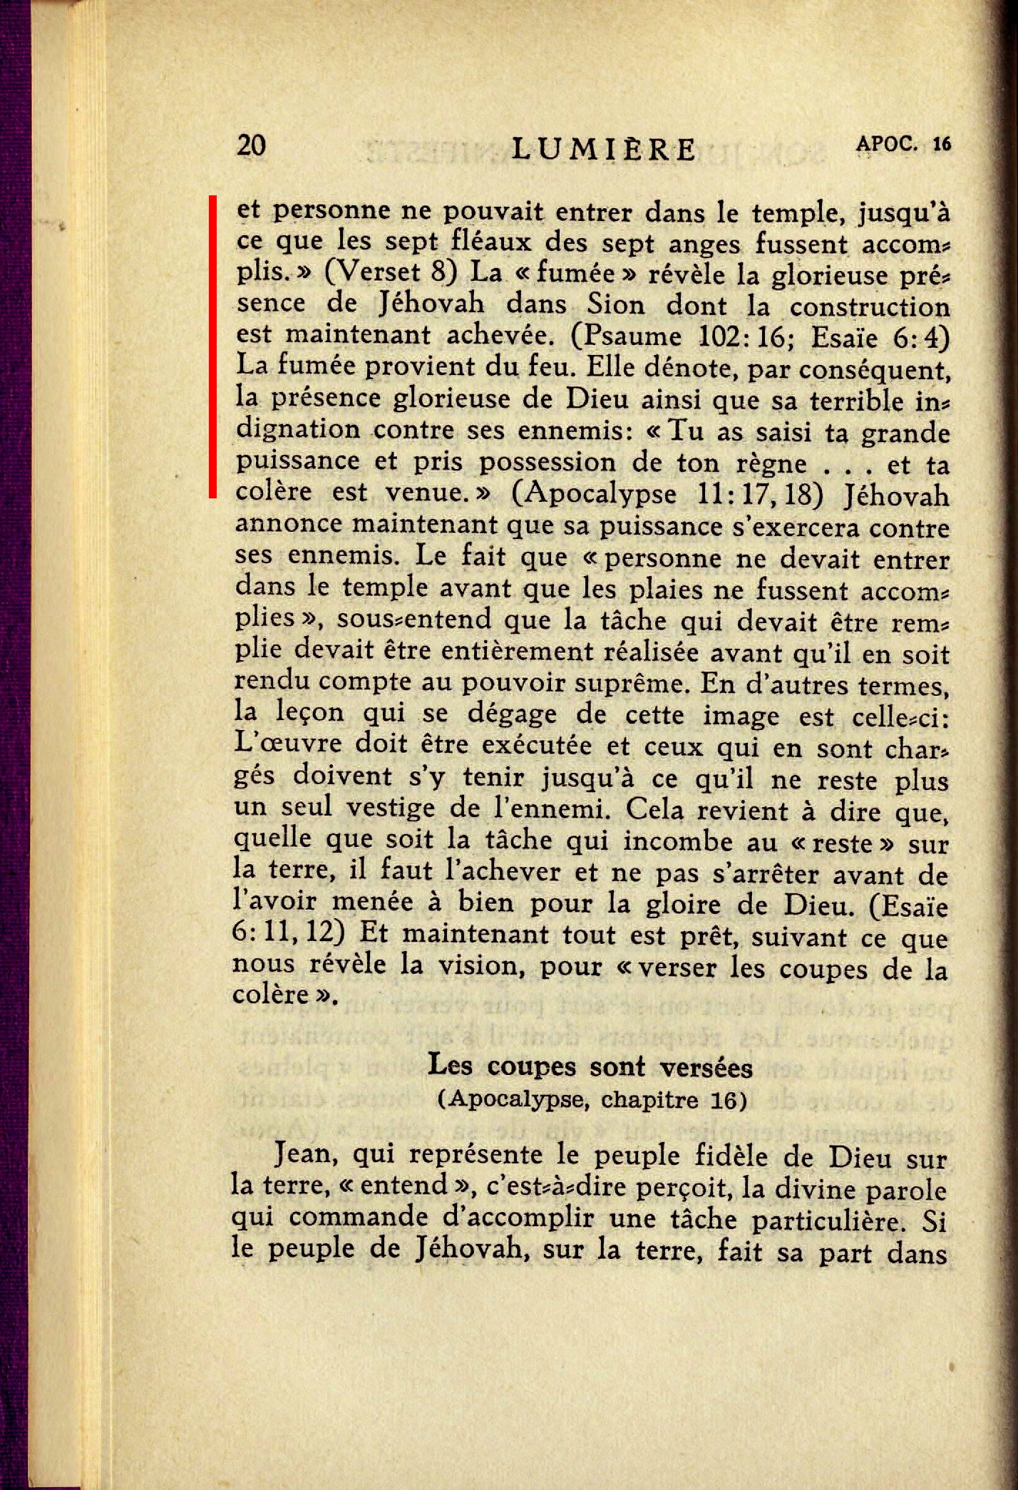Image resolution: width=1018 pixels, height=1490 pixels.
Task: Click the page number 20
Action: point(251,145)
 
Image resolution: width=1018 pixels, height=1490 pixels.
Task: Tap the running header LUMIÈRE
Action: point(604,149)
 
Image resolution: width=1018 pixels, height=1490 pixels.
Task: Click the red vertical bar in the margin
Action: point(212,346)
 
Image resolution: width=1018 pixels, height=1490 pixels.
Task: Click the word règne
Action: point(771,463)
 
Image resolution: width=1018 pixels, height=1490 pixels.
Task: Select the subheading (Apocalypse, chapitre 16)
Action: point(591,1100)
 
